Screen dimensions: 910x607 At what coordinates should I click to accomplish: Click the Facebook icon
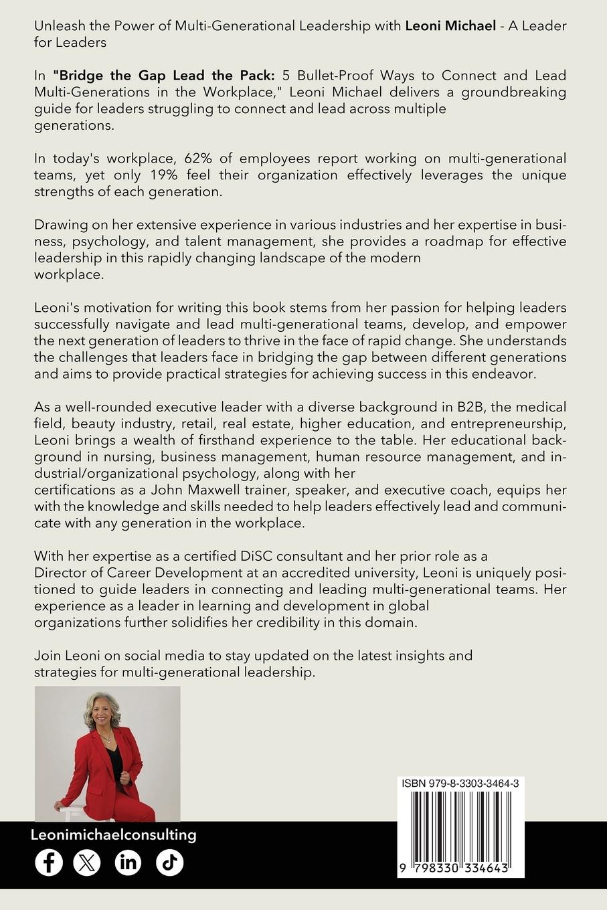(49, 862)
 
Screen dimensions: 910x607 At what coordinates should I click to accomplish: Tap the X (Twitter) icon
(86, 862)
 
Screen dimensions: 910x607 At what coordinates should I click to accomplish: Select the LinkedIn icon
(128, 862)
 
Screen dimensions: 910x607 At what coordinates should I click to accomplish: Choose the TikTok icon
(169, 862)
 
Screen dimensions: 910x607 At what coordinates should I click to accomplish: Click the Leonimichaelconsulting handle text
(114, 834)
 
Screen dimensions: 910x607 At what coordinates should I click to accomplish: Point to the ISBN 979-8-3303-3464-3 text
(461, 783)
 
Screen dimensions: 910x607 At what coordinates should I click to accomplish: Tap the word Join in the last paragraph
(47, 655)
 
